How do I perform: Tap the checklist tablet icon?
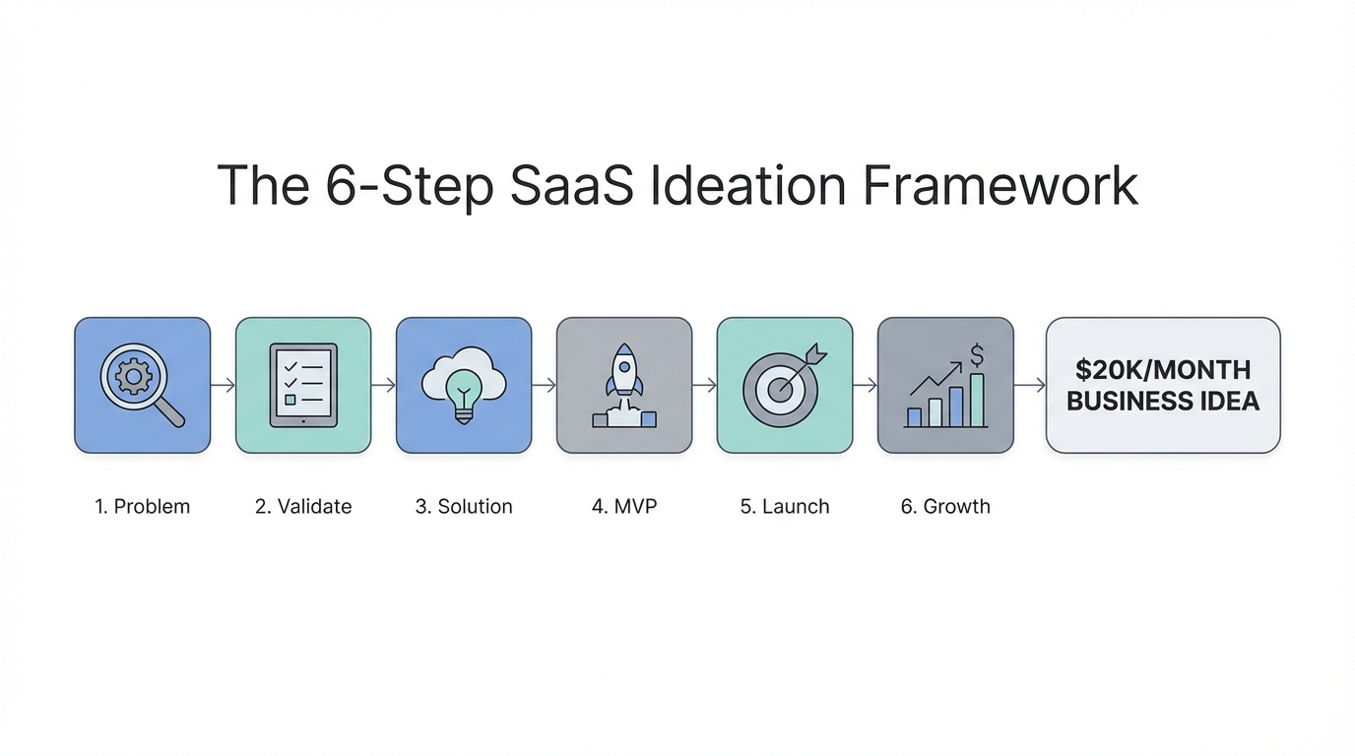click(303, 385)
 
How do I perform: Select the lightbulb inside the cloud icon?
click(464, 396)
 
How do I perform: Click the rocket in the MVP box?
click(624, 371)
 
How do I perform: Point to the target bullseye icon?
click(781, 389)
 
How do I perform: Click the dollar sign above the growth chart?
click(976, 355)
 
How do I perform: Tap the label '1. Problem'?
click(142, 506)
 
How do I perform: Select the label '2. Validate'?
click(303, 506)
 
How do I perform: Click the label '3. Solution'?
click(464, 506)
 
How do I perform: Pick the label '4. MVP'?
click(624, 506)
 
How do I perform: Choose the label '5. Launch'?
click(785, 506)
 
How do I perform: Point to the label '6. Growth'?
click(945, 506)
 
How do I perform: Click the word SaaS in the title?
click(571, 185)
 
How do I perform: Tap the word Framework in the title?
click(1000, 185)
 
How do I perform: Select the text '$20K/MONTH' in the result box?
click(1163, 370)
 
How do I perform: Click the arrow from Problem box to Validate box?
click(223, 385)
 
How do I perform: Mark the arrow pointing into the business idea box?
click(1030, 385)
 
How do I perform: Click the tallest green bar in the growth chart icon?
click(977, 401)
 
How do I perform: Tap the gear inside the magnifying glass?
click(134, 376)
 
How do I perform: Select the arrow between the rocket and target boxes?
click(704, 385)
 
